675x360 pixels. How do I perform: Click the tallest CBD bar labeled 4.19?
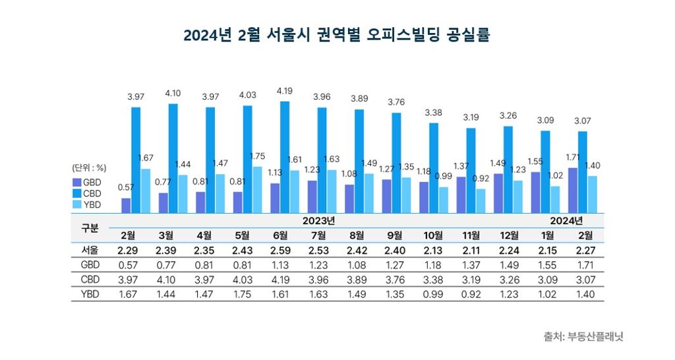point(285,157)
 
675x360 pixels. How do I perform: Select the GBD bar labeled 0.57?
point(126,206)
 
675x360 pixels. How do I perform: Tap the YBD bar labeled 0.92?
point(481,201)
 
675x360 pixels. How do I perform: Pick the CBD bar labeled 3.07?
point(583,172)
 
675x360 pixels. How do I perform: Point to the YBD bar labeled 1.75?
point(257,190)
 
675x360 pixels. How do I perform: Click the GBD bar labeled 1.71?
point(573,191)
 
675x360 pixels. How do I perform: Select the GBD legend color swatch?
point(77,183)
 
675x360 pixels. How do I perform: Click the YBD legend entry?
point(87,205)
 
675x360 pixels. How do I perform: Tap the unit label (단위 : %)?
point(89,168)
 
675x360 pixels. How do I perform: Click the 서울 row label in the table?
point(90,250)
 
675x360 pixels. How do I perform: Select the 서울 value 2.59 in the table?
point(280,251)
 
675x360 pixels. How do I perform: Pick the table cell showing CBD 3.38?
point(433,280)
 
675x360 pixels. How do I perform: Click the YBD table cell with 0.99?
point(433,295)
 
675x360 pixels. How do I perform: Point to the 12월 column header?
point(510,235)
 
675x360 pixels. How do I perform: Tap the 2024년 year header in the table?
point(566,221)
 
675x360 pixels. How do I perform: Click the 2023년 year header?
point(318,221)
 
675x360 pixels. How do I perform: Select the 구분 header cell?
point(90,228)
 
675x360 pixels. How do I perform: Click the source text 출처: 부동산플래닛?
point(583,336)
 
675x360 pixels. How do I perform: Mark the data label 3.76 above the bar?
point(396,102)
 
